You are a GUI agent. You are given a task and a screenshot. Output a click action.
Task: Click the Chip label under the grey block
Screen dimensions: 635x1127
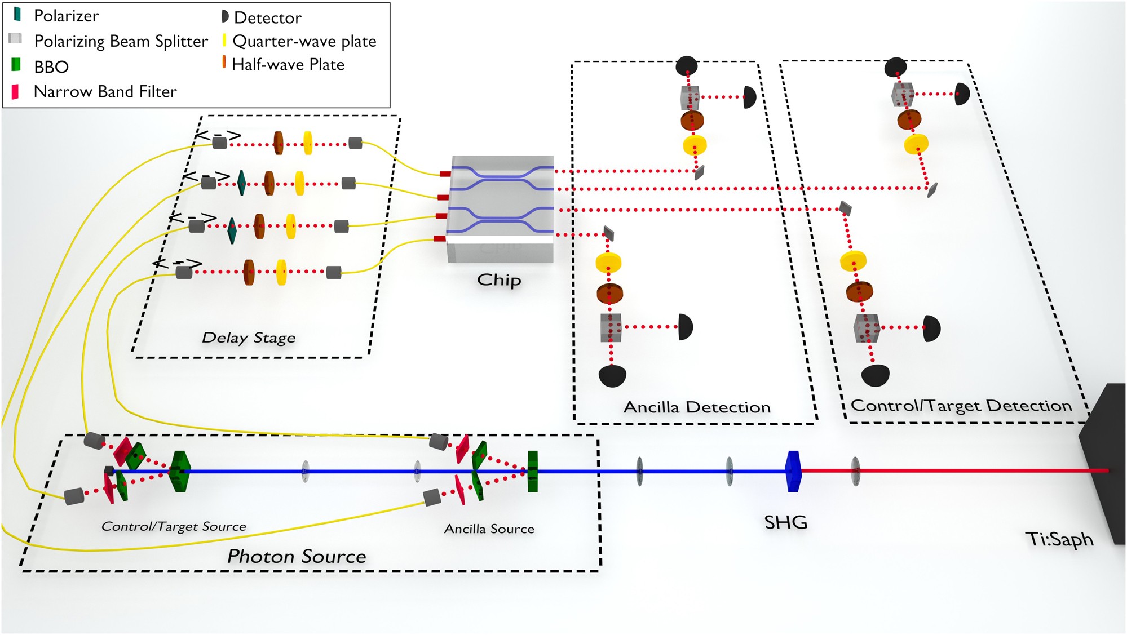[499, 279]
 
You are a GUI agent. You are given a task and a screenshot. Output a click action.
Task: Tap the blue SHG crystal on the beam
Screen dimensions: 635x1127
[793, 471]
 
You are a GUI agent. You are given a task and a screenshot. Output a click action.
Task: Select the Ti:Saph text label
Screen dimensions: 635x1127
[1059, 539]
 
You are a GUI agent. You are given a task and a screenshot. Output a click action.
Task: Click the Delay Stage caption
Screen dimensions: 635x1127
[248, 338]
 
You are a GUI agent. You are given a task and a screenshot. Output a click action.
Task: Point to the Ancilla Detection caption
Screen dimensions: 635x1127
[696, 407]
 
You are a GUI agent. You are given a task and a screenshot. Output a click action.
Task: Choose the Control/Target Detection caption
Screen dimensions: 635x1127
[961, 405]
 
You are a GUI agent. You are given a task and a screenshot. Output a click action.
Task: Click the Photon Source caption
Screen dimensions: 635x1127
[297, 556]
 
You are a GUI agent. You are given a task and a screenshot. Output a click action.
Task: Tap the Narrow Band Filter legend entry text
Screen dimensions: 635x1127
[105, 91]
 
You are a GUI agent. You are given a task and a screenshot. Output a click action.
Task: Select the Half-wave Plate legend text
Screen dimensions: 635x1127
[288, 64]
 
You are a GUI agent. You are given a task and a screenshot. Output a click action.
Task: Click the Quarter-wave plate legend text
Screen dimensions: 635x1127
[304, 41]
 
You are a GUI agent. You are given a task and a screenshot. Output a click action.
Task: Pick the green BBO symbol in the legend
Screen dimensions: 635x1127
[16, 65]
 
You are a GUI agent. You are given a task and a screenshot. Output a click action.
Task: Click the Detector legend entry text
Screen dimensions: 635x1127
[267, 17]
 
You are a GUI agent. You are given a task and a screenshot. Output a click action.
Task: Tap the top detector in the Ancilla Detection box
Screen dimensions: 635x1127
[686, 66]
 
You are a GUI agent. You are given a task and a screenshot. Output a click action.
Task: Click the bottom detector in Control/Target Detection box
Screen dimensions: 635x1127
[875, 375]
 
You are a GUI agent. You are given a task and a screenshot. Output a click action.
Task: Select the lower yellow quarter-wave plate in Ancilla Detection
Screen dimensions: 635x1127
[608, 262]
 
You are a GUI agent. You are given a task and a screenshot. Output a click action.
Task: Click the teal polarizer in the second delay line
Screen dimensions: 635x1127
[241, 183]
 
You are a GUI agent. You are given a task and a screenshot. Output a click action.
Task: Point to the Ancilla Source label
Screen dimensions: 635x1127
[489, 529]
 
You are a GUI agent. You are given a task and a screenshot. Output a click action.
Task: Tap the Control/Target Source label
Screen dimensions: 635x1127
[174, 526]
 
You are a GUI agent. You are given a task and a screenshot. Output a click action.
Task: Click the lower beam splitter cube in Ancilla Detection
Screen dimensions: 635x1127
[611, 327]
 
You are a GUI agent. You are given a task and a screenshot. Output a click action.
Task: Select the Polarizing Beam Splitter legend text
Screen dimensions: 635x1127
[121, 41]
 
